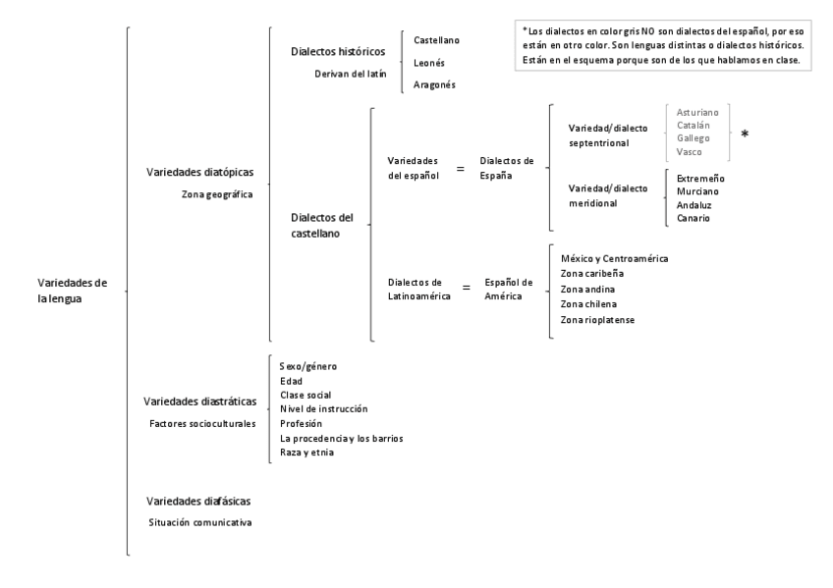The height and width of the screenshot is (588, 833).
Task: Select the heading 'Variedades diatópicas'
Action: click(199, 173)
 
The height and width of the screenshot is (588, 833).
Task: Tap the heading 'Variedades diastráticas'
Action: click(200, 401)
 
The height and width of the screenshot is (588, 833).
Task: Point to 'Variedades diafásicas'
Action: click(197, 501)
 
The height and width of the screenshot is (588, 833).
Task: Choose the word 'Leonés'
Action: click(430, 62)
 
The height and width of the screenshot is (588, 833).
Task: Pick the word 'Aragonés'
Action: click(434, 84)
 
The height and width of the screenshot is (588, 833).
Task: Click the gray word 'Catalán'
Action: click(694, 126)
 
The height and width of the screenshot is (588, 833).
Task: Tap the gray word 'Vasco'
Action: click(690, 151)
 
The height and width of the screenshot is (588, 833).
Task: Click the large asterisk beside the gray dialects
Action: click(745, 134)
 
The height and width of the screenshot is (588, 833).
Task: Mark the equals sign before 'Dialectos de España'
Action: click(459, 168)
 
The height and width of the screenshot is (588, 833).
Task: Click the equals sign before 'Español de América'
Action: click(466, 290)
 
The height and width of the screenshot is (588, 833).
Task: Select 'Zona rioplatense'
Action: click(597, 320)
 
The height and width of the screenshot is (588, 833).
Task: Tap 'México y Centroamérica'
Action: click(613, 258)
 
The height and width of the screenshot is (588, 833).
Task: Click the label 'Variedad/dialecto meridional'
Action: click(608, 195)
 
